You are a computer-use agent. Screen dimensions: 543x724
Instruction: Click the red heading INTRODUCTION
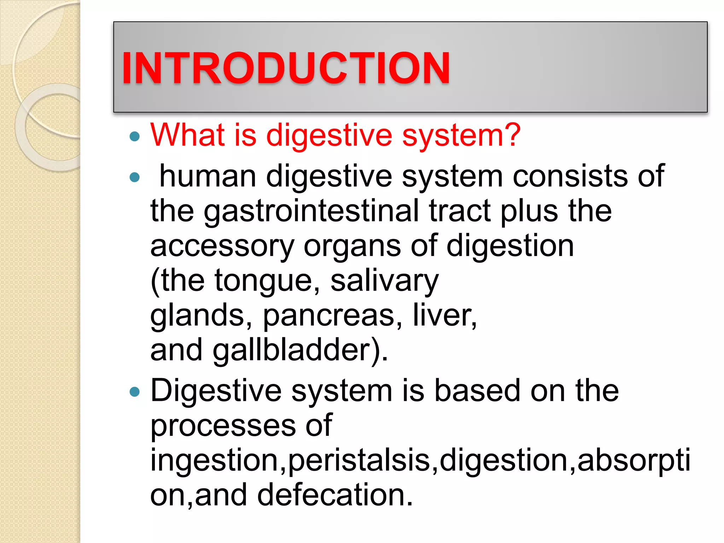pyautogui.click(x=286, y=68)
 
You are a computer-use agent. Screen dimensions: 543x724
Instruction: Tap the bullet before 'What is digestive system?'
pyautogui.click(x=135, y=136)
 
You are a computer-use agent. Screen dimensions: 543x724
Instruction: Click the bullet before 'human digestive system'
pyautogui.click(x=135, y=177)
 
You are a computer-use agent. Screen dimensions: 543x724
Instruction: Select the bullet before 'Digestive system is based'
pyautogui.click(x=135, y=392)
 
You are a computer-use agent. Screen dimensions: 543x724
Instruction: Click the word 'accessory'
pyautogui.click(x=222, y=247)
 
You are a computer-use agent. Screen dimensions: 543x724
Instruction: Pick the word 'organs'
pyautogui.click(x=352, y=247)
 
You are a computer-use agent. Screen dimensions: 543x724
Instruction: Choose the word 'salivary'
pyautogui.click(x=385, y=281)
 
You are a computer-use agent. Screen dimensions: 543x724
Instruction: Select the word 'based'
pyautogui.click(x=477, y=391)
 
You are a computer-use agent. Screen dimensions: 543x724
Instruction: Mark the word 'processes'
pyautogui.click(x=223, y=426)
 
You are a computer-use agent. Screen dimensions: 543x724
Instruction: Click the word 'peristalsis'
pyautogui.click(x=359, y=461)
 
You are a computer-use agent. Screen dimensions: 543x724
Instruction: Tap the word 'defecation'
pyautogui.click(x=334, y=495)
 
